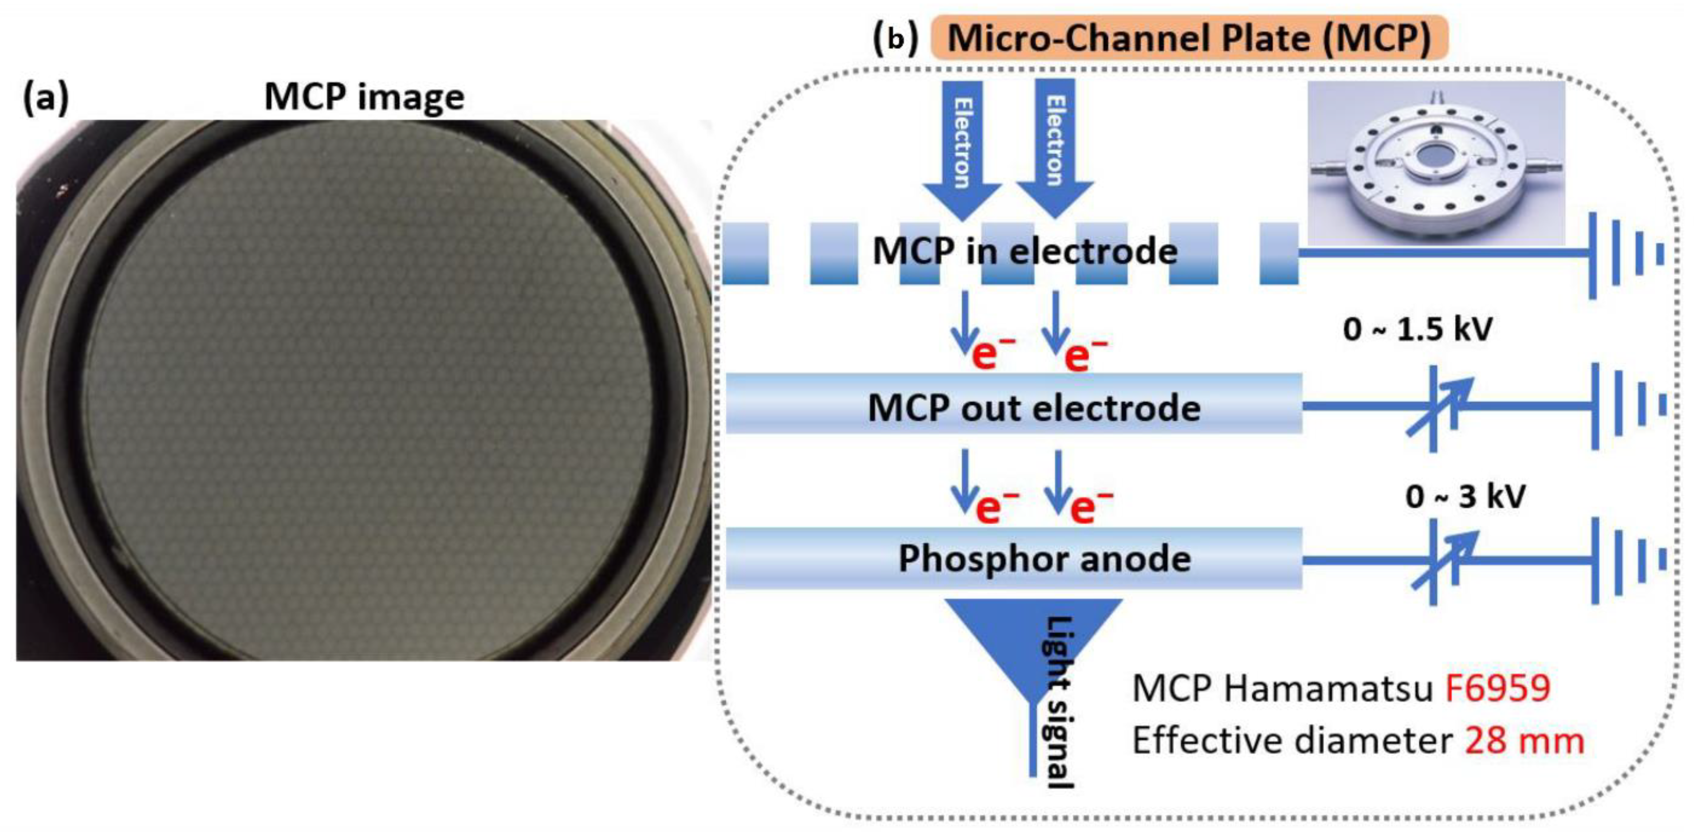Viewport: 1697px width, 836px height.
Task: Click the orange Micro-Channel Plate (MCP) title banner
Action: point(1189,38)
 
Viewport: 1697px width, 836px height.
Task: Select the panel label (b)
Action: point(895,39)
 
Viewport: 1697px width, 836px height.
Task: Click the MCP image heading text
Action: point(364,97)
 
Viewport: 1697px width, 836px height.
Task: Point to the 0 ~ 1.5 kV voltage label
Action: point(1417,328)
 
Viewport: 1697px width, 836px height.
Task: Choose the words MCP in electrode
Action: point(1025,251)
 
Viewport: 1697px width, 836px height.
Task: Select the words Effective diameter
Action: point(1291,741)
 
